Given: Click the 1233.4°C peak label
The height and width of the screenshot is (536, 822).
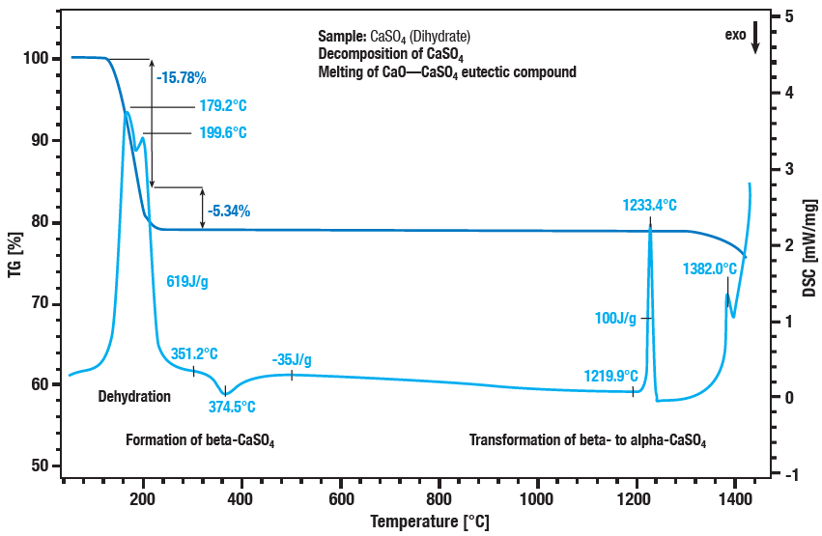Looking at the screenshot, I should pos(648,206).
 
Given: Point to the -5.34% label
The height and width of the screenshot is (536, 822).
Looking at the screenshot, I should pos(229,211).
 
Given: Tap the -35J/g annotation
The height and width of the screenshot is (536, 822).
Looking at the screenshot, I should pos(292,360).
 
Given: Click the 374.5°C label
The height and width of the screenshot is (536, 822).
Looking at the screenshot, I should pos(232,407).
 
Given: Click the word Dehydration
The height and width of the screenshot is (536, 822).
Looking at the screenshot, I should pos(134,397).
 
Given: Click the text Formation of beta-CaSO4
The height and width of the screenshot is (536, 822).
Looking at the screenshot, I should pos(200,441).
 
